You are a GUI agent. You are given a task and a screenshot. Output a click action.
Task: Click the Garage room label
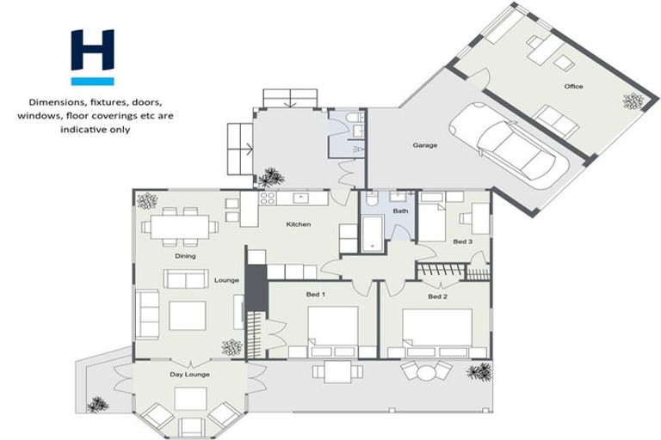click(425, 145)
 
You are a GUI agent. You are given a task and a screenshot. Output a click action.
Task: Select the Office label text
click(573, 87)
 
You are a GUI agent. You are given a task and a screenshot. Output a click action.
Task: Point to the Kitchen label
click(298, 225)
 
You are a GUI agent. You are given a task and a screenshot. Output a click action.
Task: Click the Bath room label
click(400, 211)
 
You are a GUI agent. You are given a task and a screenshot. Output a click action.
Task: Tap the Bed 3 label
click(463, 241)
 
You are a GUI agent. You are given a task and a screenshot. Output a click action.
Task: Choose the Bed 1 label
click(315, 295)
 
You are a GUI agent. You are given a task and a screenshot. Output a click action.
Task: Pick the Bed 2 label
click(438, 296)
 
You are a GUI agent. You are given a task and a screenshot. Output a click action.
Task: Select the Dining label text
click(184, 255)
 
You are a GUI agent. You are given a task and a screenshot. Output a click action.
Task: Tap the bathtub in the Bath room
click(372, 232)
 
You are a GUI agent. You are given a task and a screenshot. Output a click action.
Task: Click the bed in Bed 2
click(437, 327)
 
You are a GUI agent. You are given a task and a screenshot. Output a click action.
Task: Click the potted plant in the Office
click(633, 101)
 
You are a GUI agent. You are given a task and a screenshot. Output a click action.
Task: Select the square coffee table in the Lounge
click(187, 315)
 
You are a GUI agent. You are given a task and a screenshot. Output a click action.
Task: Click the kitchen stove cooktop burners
click(268, 199)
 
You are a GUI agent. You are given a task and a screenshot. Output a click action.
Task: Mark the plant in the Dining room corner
click(146, 200)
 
